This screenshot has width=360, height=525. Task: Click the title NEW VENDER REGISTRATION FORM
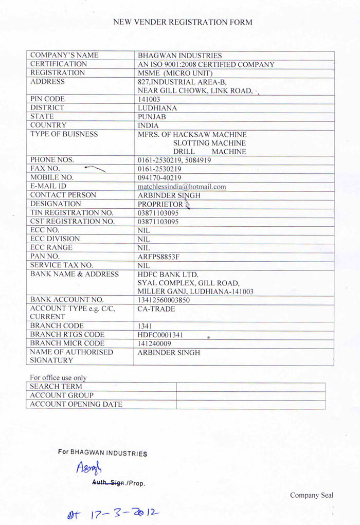pos(183,22)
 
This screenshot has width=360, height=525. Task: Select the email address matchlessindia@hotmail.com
pos(182,187)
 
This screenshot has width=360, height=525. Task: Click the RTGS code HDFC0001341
pos(160,335)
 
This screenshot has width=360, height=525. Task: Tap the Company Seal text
pos(311,495)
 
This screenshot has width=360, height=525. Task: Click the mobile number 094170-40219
pos(159,178)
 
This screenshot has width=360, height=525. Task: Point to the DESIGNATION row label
pos(53,204)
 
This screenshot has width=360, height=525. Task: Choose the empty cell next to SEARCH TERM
pos(250,387)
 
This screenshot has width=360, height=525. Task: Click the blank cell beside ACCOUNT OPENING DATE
pos(250,405)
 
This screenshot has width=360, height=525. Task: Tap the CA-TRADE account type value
pos(156,309)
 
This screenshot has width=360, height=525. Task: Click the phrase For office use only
pos(58,378)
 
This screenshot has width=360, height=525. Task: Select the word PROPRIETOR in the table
pos(160,204)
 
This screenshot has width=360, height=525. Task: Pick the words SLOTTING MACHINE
pos(209,143)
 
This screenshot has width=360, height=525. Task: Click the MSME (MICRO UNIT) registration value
pos(175,73)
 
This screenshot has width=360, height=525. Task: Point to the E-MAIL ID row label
pos(48,186)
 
